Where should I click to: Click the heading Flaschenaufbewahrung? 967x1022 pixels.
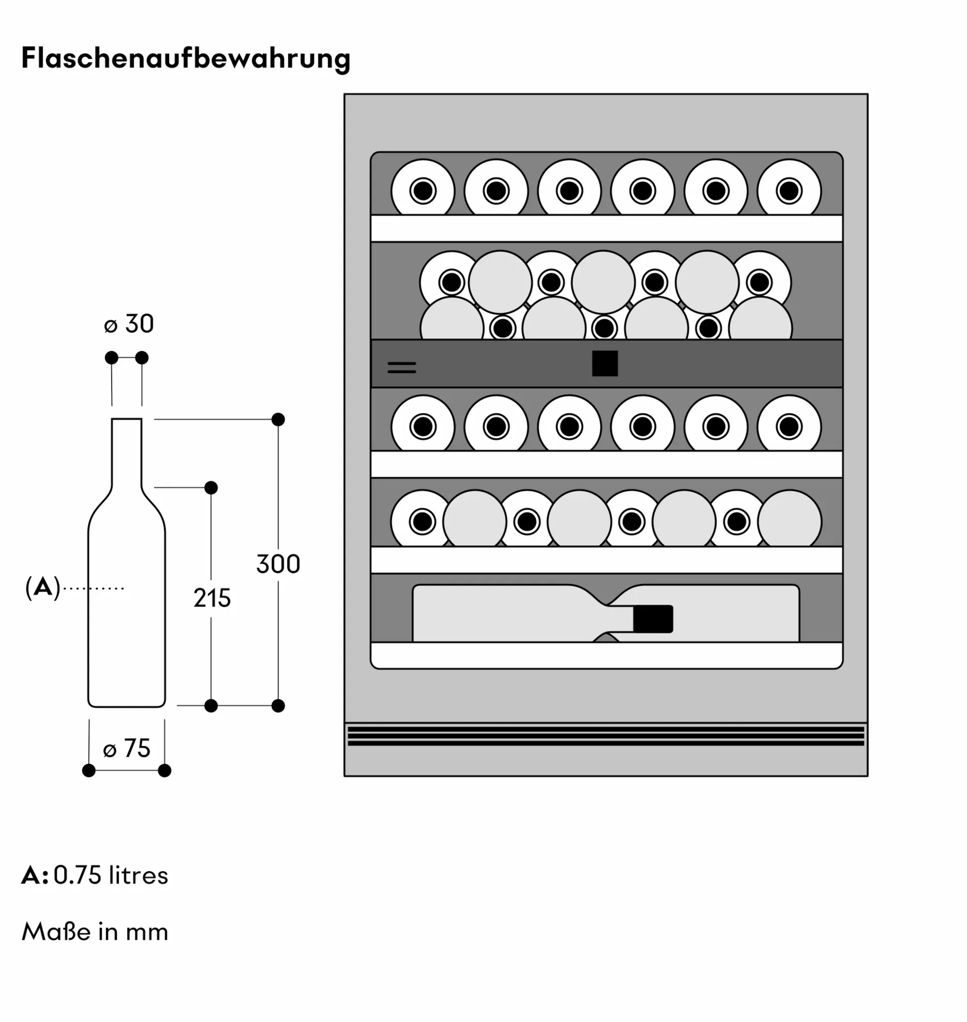[x=186, y=58]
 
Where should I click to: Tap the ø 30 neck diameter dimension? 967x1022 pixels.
[x=129, y=324]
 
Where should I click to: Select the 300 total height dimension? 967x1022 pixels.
[x=278, y=564]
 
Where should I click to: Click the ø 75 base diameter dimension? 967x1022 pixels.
[x=127, y=748]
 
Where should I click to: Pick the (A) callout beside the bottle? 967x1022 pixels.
[x=43, y=588]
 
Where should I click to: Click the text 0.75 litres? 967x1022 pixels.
[x=111, y=875]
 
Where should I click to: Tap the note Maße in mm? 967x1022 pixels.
[x=95, y=932]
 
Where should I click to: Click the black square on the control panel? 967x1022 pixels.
[x=605, y=363]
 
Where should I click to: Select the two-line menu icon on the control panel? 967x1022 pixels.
[x=402, y=367]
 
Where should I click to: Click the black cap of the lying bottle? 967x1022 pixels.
[x=653, y=618]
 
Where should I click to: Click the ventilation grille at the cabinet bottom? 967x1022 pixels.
[x=606, y=736]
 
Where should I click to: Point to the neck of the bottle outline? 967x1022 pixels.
[x=127, y=451]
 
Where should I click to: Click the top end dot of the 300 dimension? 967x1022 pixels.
[x=278, y=420]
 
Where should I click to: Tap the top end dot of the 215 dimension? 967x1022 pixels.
[x=211, y=487]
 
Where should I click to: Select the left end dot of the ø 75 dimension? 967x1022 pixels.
[x=88, y=771]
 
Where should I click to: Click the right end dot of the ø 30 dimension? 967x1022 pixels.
[x=142, y=358]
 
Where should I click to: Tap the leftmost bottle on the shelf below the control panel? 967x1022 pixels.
[x=423, y=426]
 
